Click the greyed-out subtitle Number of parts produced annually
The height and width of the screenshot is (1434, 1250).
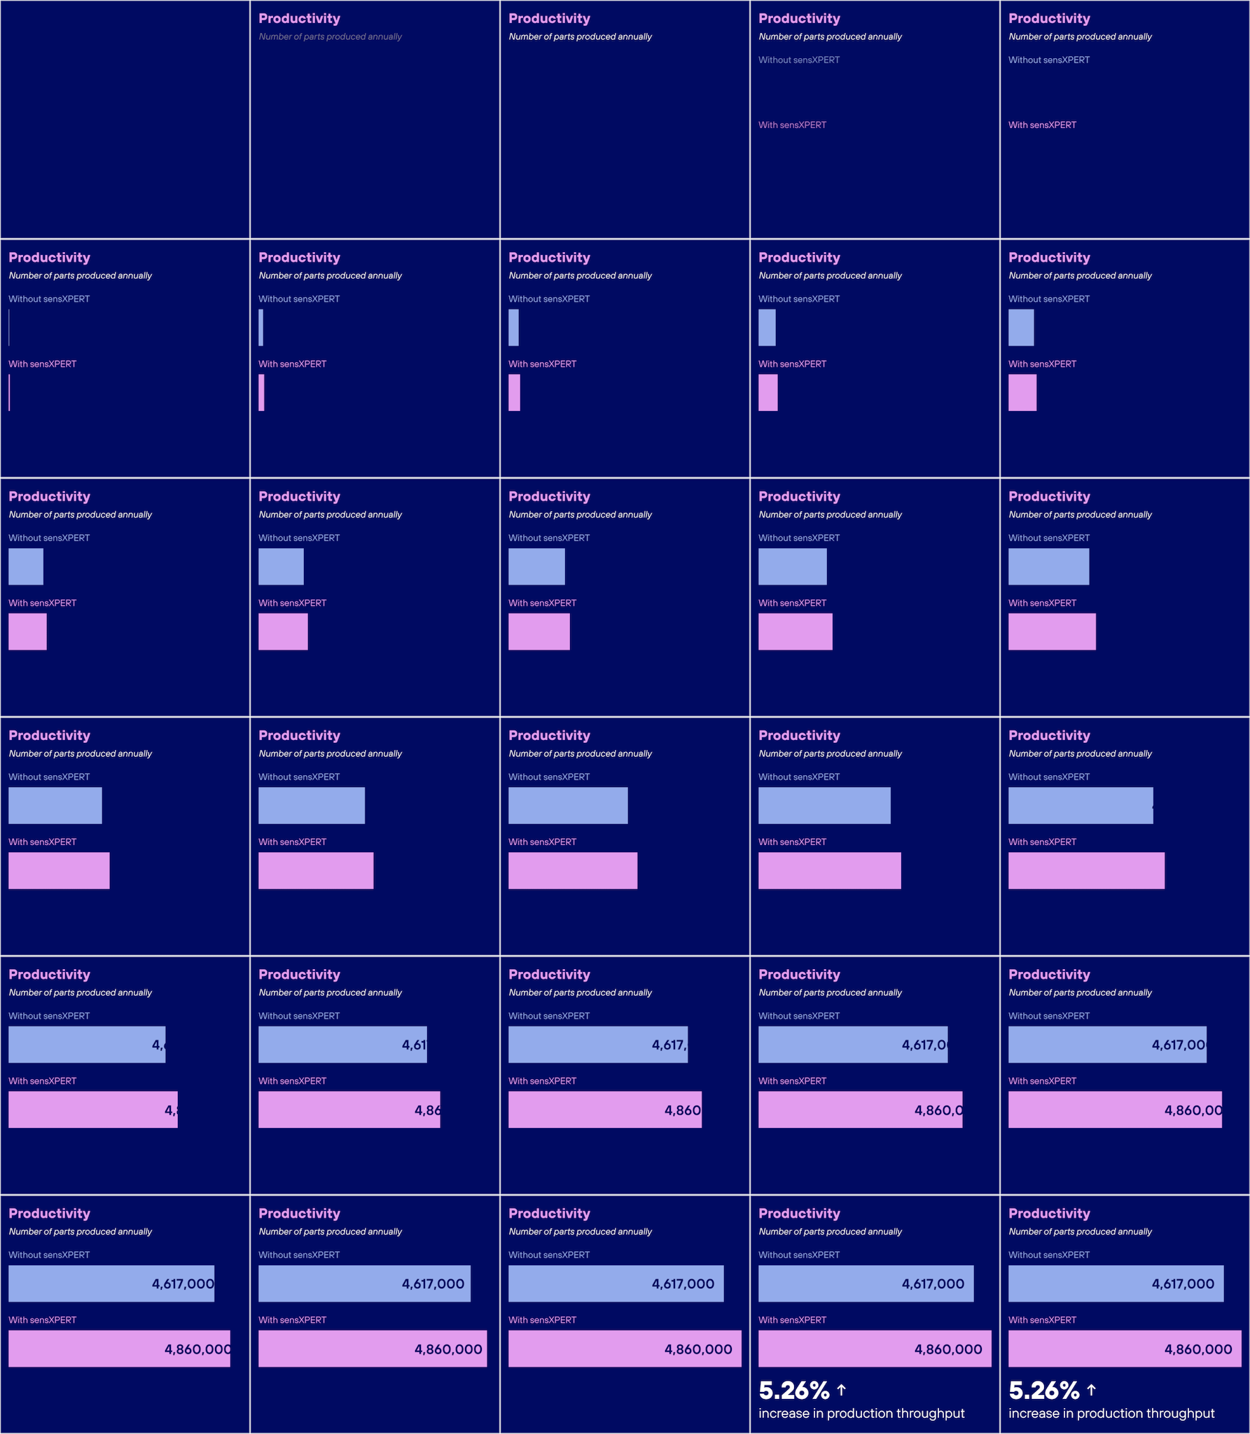(x=330, y=36)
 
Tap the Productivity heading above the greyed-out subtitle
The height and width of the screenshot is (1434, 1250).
(x=299, y=19)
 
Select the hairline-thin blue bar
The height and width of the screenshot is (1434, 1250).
(x=9, y=328)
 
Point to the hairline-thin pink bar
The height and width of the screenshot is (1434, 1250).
(x=9, y=393)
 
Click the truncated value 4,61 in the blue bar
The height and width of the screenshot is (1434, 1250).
(x=414, y=1045)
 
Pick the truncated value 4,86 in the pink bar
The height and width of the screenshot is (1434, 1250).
(x=427, y=1110)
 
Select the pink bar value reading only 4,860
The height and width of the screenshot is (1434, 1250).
(x=682, y=1110)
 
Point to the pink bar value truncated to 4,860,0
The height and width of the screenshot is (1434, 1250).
(x=938, y=1110)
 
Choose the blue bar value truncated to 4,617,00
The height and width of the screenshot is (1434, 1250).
(x=1179, y=1045)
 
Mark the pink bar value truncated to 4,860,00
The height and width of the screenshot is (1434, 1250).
(x=1193, y=1110)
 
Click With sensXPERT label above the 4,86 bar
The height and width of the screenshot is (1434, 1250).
(x=292, y=1081)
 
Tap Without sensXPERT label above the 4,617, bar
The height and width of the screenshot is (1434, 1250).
(x=549, y=1016)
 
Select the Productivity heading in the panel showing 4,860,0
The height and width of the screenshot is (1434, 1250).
(x=799, y=975)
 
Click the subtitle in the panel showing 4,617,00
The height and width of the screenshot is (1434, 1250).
(x=1080, y=992)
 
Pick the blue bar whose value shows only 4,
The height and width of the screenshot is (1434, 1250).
(x=87, y=1045)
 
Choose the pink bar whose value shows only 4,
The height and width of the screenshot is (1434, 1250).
(x=93, y=1110)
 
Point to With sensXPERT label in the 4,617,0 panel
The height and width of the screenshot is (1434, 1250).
(x=792, y=1081)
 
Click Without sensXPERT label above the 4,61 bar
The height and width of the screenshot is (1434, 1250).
(x=299, y=1016)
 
